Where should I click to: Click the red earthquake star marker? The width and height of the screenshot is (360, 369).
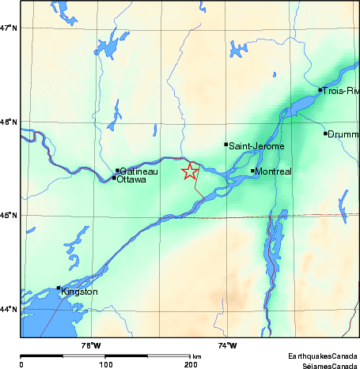(190, 172)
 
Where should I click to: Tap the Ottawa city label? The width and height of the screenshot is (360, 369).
(131, 179)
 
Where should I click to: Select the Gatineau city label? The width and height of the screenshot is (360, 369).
(138, 171)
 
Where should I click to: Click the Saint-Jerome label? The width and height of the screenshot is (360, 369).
(257, 145)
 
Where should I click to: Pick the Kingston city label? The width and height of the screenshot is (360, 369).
(79, 292)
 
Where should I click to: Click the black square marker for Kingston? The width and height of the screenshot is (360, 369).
(59, 288)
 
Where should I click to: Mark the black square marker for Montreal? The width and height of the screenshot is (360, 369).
(253, 171)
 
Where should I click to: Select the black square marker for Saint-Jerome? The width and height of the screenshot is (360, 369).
(226, 145)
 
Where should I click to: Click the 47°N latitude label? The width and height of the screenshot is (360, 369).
(9, 28)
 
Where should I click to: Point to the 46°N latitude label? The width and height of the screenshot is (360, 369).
(9, 122)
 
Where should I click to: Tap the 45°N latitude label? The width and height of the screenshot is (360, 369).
(9, 215)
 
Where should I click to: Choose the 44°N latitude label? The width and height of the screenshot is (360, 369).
(9, 309)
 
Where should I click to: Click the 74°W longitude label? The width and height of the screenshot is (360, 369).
(227, 345)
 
